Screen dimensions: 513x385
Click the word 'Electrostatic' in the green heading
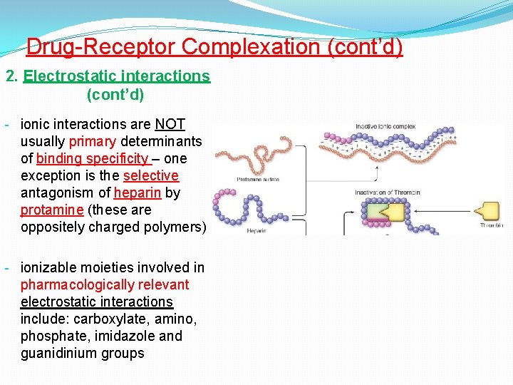point(66,76)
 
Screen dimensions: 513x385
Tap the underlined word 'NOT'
point(170,125)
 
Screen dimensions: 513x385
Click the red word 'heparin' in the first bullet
point(138,193)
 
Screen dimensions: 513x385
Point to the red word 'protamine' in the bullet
point(52,210)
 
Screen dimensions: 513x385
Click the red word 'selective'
point(150,176)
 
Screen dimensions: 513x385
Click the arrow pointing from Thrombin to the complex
point(438,212)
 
